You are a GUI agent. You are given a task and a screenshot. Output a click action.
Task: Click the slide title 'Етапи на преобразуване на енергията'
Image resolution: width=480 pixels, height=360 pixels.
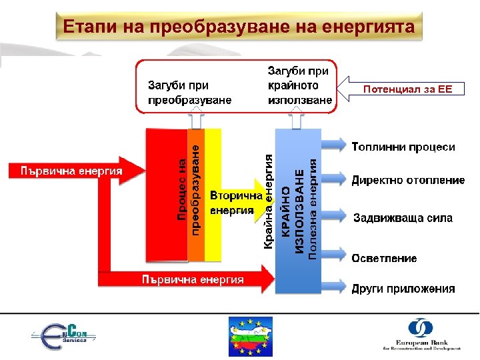[239, 27]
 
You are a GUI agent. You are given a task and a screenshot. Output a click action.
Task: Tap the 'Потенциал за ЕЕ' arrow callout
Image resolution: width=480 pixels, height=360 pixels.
[407, 89]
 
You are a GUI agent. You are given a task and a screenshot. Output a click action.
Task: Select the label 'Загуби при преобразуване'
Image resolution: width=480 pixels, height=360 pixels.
[189, 93]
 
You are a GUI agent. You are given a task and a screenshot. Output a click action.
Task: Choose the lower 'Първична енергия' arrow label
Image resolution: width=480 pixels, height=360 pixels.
[192, 279]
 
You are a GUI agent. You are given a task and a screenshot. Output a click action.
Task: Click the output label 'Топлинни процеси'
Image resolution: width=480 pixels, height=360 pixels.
[403, 147]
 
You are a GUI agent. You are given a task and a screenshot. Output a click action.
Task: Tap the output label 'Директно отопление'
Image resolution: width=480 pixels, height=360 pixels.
[408, 180]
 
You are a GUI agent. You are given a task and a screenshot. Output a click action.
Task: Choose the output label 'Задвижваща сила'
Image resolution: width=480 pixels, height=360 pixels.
[403, 218]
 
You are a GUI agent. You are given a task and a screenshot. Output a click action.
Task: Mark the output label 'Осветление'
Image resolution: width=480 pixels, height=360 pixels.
[385, 258]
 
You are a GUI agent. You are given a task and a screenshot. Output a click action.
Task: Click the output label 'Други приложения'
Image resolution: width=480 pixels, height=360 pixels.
[403, 289]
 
